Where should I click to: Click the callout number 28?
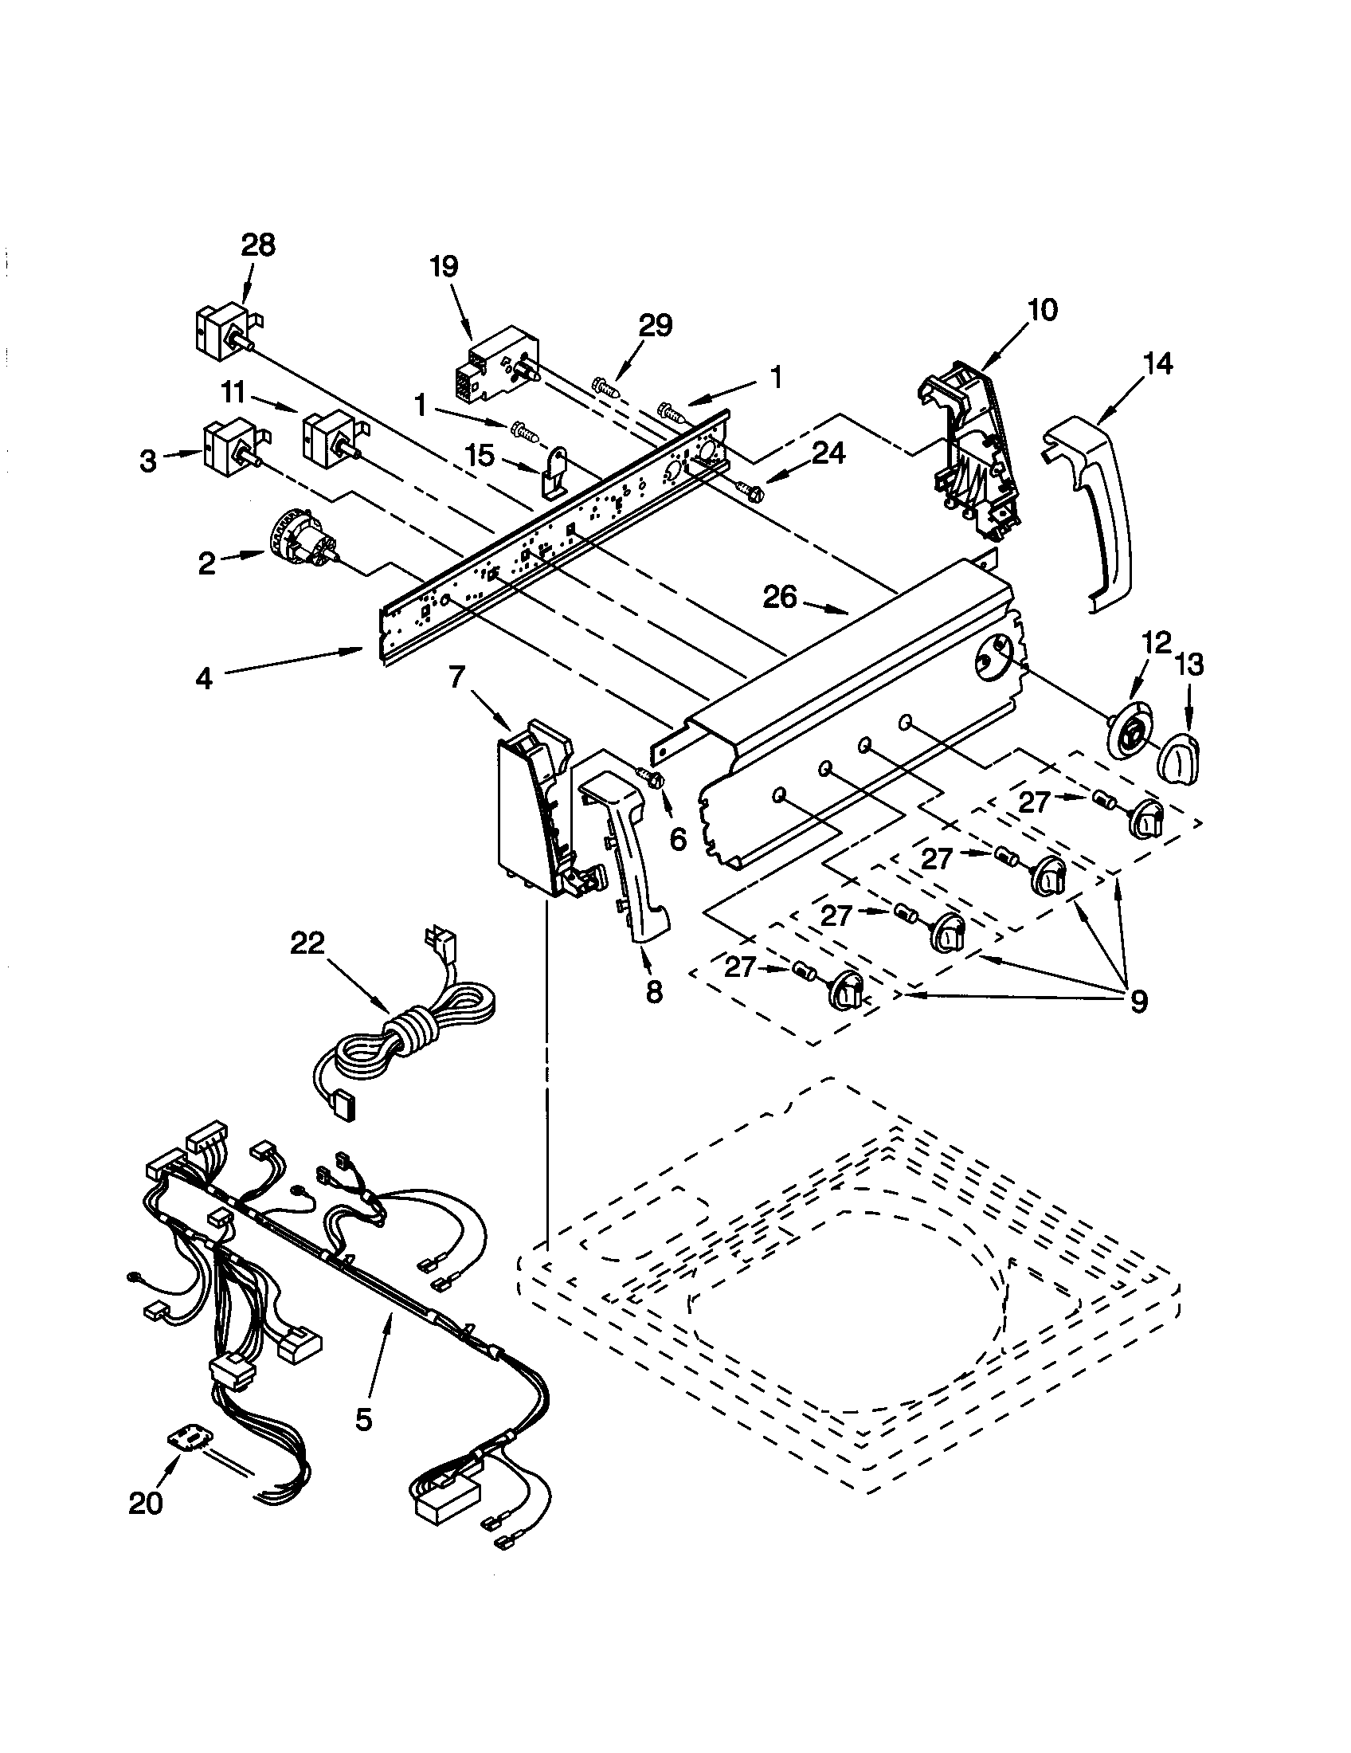[257, 244]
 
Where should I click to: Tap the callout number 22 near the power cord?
[307, 943]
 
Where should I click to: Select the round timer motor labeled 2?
[301, 545]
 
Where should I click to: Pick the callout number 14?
[1157, 363]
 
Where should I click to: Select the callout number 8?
[654, 992]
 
